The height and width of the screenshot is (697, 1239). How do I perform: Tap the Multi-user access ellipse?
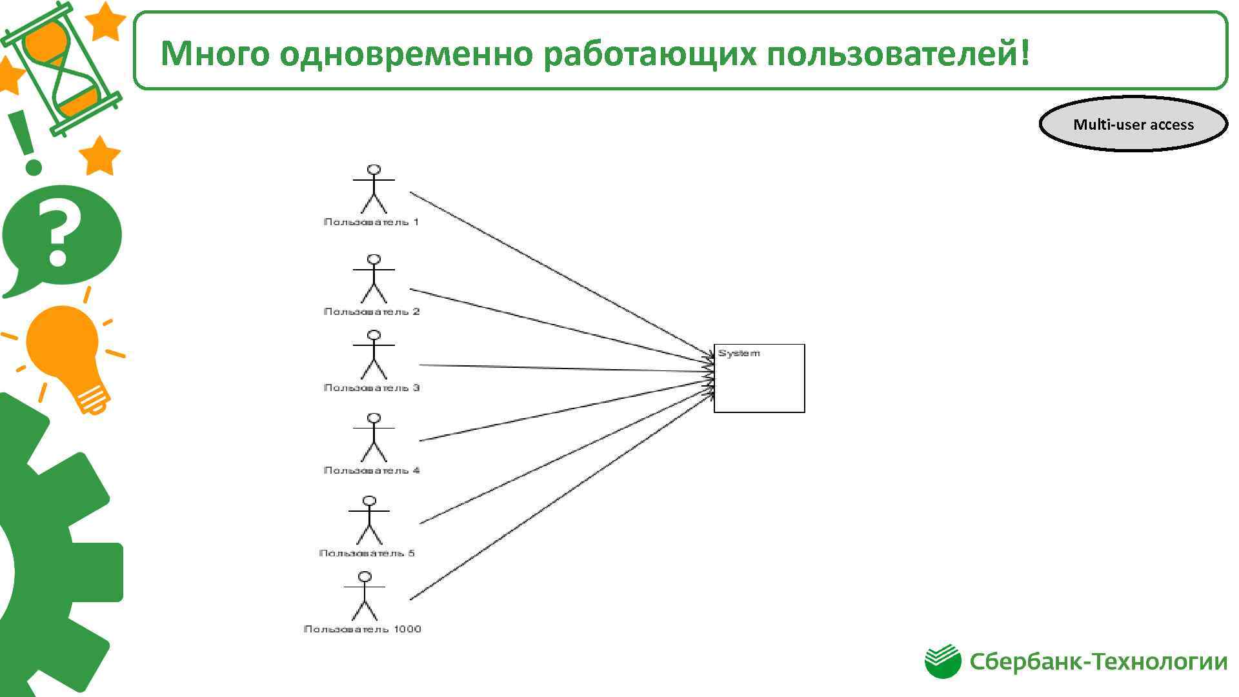(1133, 125)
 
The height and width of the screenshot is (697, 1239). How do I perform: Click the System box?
(759, 385)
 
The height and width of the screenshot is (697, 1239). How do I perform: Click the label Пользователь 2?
(372, 312)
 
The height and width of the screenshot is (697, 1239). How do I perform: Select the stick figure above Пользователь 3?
(374, 354)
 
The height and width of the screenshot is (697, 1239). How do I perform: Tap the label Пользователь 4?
(372, 470)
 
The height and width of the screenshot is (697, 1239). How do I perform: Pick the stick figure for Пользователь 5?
(369, 520)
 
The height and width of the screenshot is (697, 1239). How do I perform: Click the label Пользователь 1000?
(363, 629)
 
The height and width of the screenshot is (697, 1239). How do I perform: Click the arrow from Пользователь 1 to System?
(561, 274)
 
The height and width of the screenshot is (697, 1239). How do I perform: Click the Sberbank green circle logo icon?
(942, 662)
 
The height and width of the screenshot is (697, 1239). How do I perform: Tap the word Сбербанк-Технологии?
(1098, 662)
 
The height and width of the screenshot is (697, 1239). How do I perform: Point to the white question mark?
(59, 232)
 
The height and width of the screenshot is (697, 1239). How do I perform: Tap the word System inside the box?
(739, 354)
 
